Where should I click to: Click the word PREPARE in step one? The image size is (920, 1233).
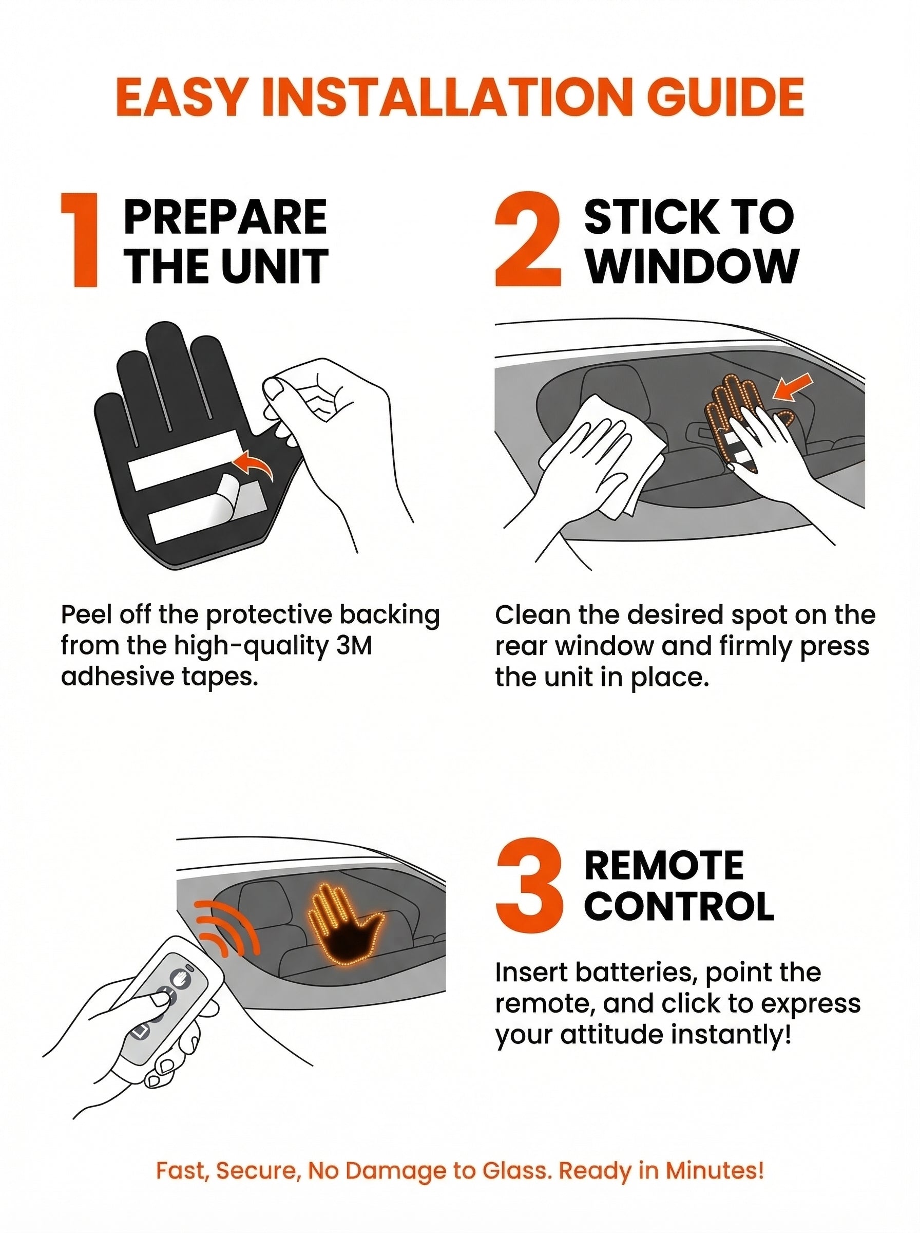pyautogui.click(x=225, y=217)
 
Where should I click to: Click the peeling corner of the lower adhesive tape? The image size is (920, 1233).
pyautogui.click(x=235, y=494)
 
